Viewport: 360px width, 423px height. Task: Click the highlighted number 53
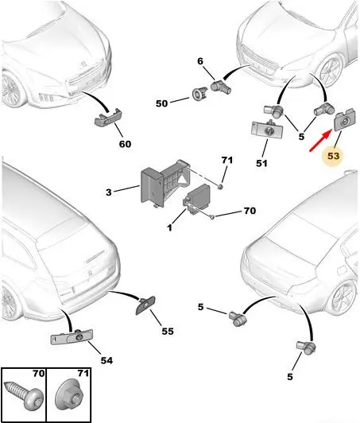point(333,156)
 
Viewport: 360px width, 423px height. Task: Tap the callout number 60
point(125,144)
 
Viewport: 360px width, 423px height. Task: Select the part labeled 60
point(108,118)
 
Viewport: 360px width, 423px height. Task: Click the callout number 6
point(200,61)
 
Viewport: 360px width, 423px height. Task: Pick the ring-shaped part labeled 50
point(199,94)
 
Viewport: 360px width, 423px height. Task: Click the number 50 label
point(161,103)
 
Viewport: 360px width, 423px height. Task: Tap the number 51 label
point(261,163)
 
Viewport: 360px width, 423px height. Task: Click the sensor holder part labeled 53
point(345,120)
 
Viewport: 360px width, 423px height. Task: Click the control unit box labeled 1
point(198,199)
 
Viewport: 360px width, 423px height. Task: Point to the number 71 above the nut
point(226,161)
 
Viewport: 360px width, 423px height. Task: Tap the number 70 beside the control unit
point(250,211)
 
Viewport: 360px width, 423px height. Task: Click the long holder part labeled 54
point(72,337)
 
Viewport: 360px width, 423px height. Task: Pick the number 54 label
point(106,360)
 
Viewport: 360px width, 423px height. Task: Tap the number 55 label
point(168,331)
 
